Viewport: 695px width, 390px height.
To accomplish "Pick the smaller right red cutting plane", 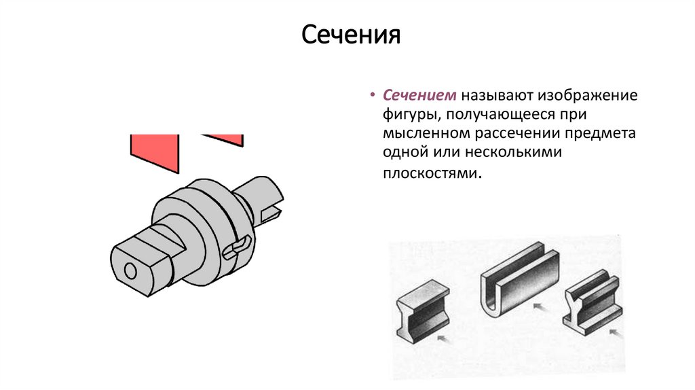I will pyautogui.click(x=225, y=139).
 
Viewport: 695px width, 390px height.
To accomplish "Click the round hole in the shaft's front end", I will pyautogui.click(x=129, y=270).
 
